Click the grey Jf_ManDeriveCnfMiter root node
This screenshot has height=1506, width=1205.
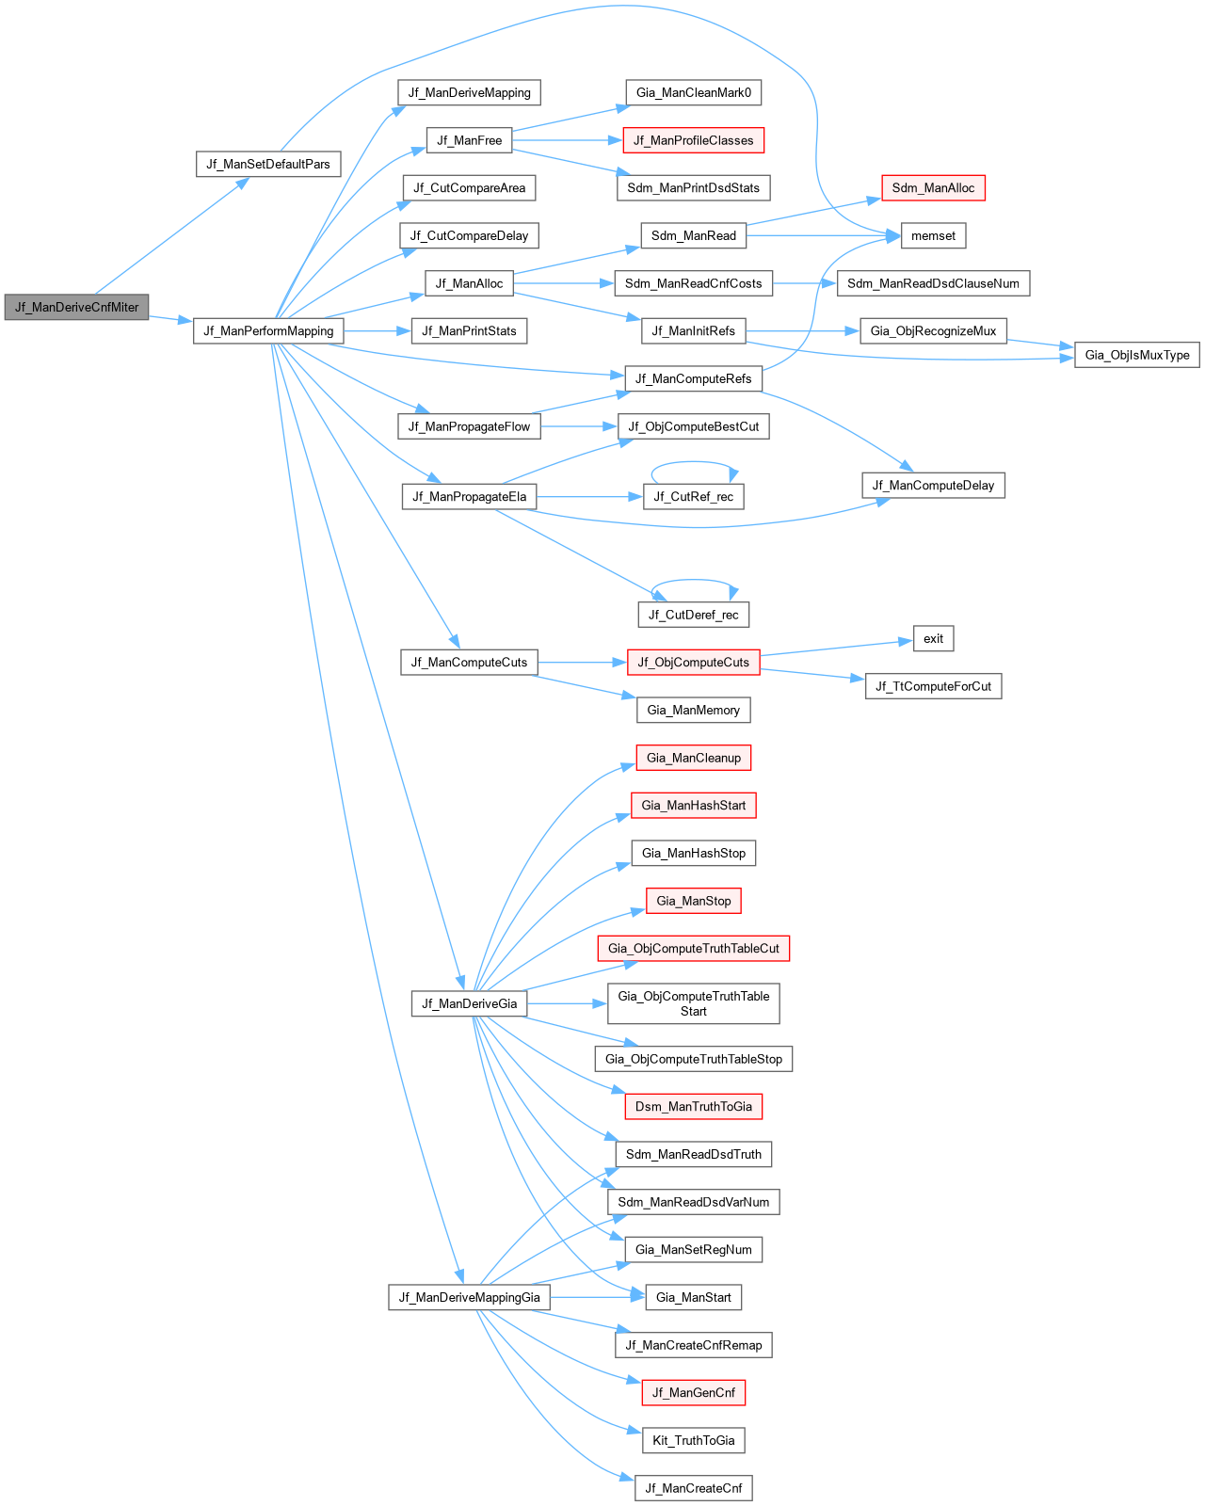pyautogui.click(x=76, y=307)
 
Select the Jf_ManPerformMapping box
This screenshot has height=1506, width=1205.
pyautogui.click(x=268, y=331)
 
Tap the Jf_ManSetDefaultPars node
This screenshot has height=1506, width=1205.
pyautogui.click(x=268, y=165)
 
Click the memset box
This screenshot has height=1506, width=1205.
pyautogui.click(x=933, y=236)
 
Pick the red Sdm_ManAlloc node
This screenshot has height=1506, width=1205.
pyautogui.click(x=933, y=188)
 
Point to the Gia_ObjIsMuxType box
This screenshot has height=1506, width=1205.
pyautogui.click(x=1136, y=355)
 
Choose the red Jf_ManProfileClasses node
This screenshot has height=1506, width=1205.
pyautogui.click(x=693, y=140)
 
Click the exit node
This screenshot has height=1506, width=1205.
pyautogui.click(x=933, y=638)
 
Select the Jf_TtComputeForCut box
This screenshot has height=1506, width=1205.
pyautogui.click(x=933, y=686)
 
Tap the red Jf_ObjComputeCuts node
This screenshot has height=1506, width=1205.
pyautogui.click(x=693, y=662)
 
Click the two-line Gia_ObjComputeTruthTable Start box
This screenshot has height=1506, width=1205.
pyautogui.click(x=693, y=1003)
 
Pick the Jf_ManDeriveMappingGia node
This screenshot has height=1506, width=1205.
pyautogui.click(x=469, y=1297)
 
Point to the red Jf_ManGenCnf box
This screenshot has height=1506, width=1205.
pyautogui.click(x=693, y=1393)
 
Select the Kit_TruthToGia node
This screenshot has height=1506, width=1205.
pyautogui.click(x=693, y=1440)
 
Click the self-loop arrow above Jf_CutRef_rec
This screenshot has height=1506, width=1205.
pyautogui.click(x=693, y=462)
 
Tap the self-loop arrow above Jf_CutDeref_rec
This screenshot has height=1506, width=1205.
pyautogui.click(x=693, y=580)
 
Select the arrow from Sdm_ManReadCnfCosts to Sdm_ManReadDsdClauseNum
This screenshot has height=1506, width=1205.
pyautogui.click(x=805, y=283)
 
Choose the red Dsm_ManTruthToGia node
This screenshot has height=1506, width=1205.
pyautogui.click(x=693, y=1106)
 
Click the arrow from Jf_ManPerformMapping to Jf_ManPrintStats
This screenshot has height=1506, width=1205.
pyautogui.click(x=378, y=331)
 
